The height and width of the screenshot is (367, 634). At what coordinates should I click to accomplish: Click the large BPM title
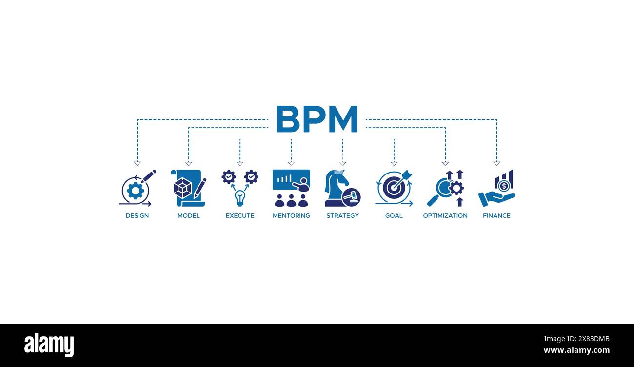[317, 119]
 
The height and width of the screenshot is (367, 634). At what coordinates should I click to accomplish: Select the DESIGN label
[137, 216]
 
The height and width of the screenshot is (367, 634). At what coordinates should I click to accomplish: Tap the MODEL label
[188, 216]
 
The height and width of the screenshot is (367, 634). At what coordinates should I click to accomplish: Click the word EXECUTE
[240, 216]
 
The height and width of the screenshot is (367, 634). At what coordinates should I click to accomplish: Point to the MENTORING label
[291, 216]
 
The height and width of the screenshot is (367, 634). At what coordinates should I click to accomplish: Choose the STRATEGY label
[342, 216]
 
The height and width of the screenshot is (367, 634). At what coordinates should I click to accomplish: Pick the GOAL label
[394, 216]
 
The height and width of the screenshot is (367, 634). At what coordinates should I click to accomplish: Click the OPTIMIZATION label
[445, 216]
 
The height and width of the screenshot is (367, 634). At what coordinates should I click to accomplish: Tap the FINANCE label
[496, 216]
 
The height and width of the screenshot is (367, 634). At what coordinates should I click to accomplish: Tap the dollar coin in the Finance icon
[504, 186]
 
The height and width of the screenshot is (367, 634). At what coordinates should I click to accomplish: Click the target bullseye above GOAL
[393, 188]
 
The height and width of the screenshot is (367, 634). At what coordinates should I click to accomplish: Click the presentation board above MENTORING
[291, 180]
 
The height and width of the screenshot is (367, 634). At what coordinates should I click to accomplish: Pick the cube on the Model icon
[182, 188]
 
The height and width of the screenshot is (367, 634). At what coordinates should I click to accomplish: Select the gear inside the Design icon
[135, 191]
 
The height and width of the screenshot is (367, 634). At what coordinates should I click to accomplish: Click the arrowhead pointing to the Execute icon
[240, 164]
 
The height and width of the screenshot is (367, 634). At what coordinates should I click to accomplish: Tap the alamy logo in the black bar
[49, 345]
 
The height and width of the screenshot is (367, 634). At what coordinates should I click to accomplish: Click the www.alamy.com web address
[576, 350]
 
